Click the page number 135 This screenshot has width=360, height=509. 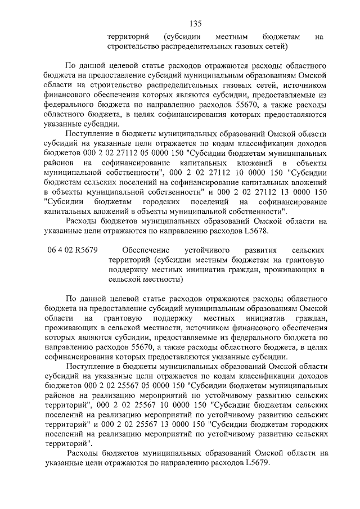tap(195, 24)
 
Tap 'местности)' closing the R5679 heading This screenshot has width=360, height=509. tap(163, 280)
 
